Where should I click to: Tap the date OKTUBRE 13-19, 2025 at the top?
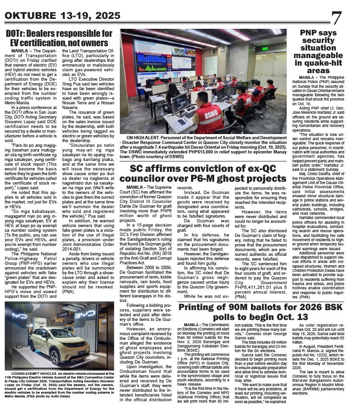[x=62, y=16]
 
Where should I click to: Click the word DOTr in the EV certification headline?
[x=17, y=34]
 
